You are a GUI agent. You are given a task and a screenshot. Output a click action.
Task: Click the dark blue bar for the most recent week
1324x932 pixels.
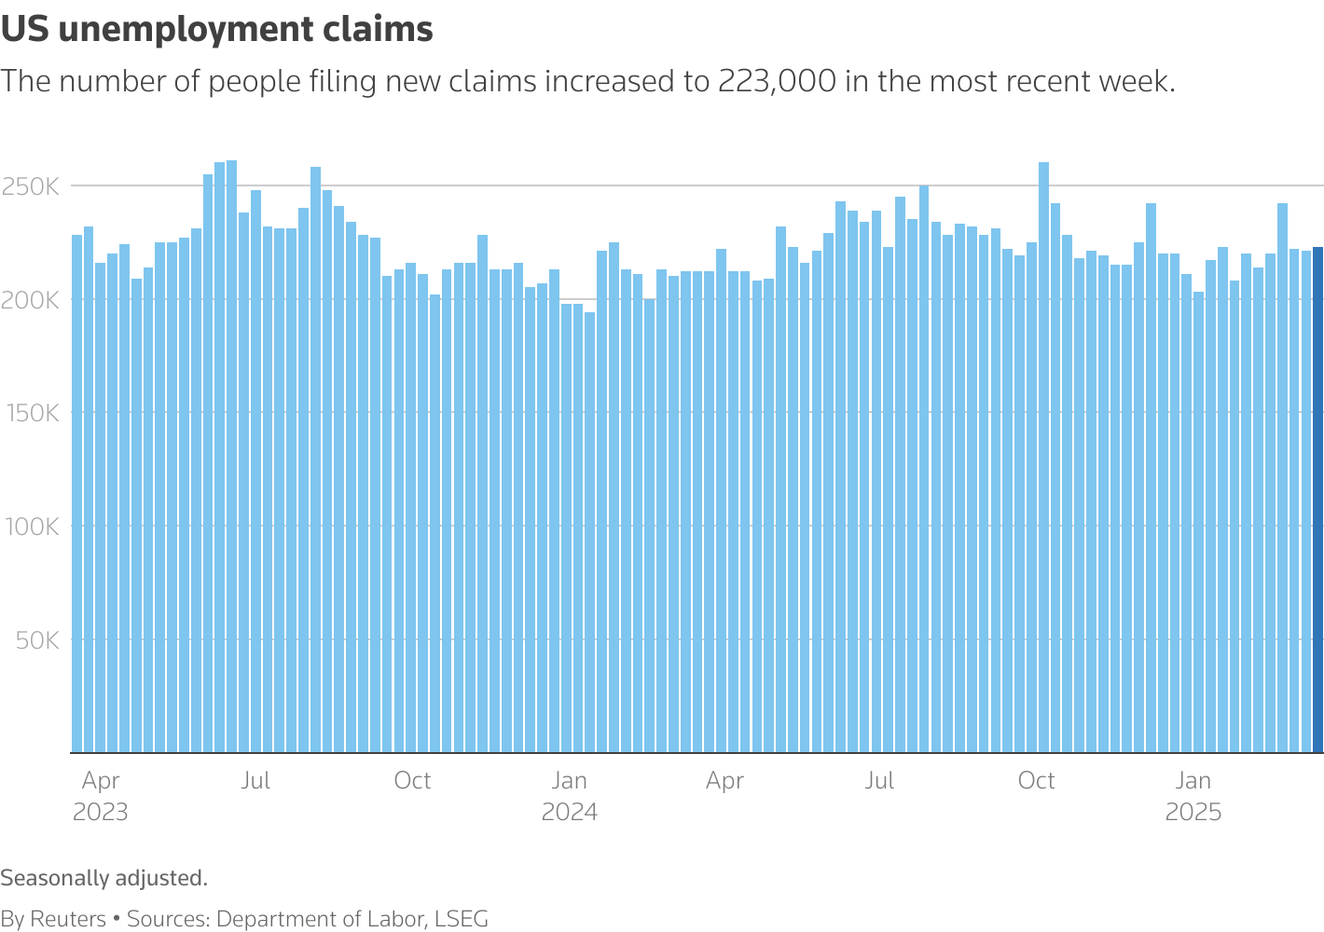(1317, 499)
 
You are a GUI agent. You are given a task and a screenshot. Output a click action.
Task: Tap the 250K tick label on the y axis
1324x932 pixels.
(32, 187)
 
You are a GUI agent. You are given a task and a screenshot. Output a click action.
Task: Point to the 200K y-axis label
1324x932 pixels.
(32, 300)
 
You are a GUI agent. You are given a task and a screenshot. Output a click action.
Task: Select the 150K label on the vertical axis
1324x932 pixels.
(32, 413)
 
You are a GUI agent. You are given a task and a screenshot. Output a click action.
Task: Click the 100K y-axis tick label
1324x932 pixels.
(32, 527)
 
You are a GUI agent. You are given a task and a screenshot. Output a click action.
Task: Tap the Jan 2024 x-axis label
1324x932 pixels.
(569, 796)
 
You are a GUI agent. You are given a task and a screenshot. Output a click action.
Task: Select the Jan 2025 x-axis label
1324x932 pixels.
(1193, 796)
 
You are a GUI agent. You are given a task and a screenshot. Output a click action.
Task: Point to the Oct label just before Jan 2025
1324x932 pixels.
(1036, 780)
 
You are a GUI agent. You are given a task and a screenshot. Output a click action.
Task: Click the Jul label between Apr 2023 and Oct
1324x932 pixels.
(255, 780)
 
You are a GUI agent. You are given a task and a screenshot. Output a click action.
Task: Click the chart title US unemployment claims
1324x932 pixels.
(217, 30)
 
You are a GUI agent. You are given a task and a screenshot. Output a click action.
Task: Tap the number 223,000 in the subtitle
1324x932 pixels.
(777, 82)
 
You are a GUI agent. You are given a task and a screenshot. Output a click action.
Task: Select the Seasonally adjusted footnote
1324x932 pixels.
(103, 878)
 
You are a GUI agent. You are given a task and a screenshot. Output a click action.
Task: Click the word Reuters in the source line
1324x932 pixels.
(68, 919)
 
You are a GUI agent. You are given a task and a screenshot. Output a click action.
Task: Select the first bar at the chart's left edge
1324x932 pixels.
(77, 493)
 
